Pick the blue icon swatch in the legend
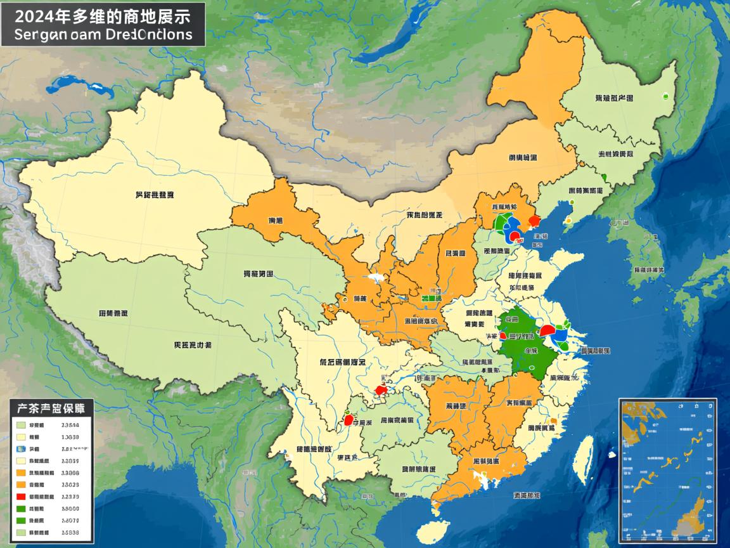(21, 448)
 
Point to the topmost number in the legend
(69, 426)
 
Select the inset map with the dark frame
(667, 469)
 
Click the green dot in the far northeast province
(665, 97)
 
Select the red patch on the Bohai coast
(534, 220)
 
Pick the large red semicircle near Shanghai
(547, 330)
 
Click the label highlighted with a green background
(431, 297)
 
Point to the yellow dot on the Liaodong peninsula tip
(568, 220)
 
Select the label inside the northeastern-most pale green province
(613, 98)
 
